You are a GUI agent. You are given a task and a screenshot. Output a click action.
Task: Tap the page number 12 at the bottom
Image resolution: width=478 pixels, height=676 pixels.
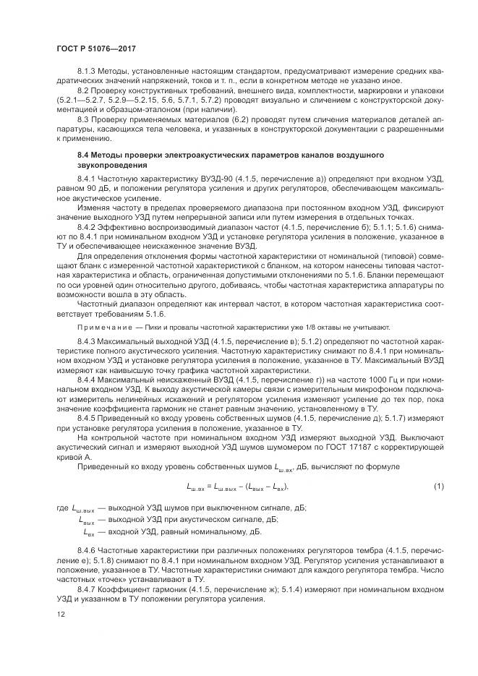[61, 614]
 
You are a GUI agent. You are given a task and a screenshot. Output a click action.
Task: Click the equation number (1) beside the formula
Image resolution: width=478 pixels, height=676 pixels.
[438, 487]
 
